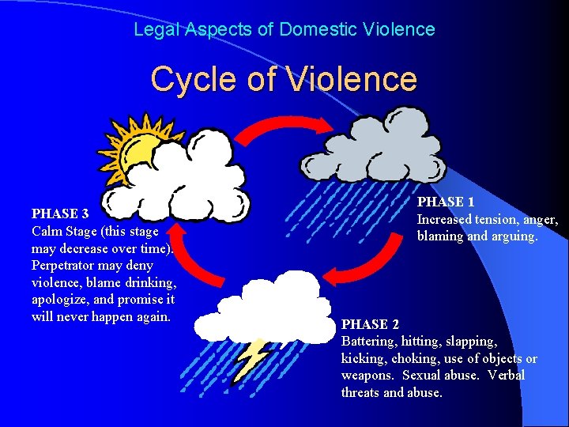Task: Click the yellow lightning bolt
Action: pos(254,357)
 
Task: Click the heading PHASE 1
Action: pos(446,202)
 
